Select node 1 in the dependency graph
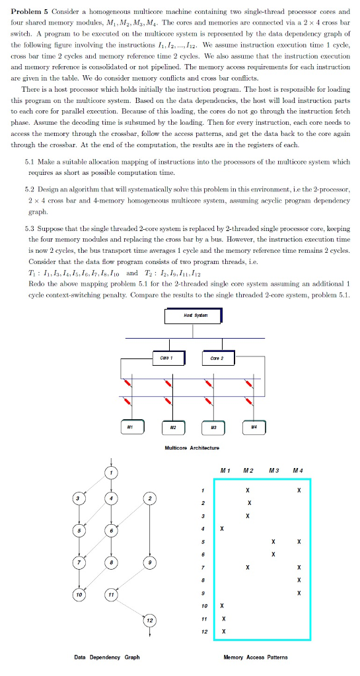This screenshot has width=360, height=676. (x=113, y=472)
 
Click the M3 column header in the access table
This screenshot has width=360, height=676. (x=273, y=470)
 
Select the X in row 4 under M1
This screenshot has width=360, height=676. (x=223, y=528)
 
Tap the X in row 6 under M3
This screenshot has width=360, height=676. (x=273, y=554)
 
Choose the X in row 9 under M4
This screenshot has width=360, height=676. (x=299, y=592)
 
